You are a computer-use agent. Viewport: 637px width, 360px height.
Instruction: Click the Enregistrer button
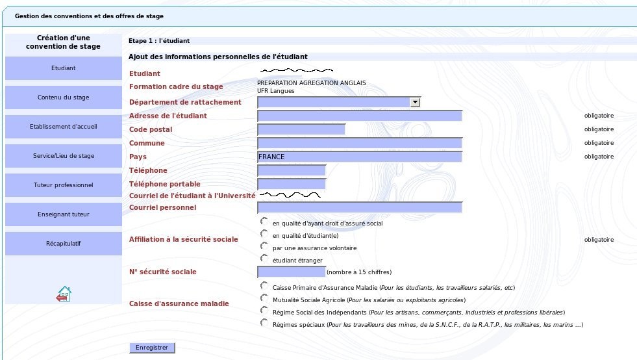tap(152, 348)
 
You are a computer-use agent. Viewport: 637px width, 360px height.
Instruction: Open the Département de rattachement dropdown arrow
tap(415, 102)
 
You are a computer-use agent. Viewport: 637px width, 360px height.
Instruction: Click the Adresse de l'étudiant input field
tap(359, 116)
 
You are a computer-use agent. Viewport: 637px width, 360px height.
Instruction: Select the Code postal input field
tap(301, 129)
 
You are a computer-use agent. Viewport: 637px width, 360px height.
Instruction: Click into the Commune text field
tap(359, 143)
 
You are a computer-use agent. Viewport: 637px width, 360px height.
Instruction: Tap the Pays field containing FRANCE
tap(359, 157)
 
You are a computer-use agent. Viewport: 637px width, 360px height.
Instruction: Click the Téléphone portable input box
tap(291, 184)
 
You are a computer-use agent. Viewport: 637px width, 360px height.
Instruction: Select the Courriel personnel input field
tap(359, 207)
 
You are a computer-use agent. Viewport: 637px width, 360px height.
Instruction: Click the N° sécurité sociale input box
tap(291, 272)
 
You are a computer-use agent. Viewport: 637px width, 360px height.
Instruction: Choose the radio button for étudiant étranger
tap(264, 259)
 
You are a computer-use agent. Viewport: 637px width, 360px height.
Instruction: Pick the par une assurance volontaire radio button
tap(264, 246)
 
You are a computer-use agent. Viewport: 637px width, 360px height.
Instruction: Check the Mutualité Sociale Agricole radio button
tap(264, 298)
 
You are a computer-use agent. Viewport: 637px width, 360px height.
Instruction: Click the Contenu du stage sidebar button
tap(64, 97)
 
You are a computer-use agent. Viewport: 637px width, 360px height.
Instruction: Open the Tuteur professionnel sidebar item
tap(64, 185)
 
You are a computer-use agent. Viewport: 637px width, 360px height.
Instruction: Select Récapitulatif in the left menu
tap(64, 244)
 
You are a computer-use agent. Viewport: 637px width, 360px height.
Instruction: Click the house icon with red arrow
tap(64, 294)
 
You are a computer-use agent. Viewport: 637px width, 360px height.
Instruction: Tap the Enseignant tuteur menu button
tap(64, 214)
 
